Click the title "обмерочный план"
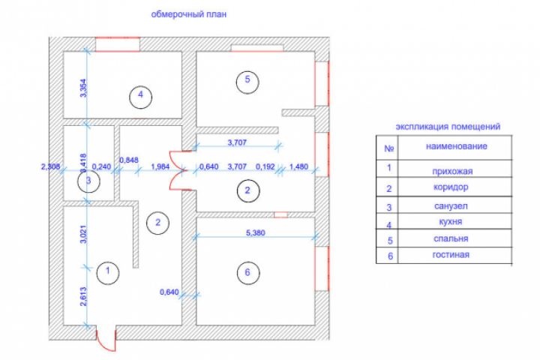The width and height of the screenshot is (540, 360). [188, 13]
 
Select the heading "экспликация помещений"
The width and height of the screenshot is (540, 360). [447, 127]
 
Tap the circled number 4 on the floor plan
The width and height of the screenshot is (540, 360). [139, 95]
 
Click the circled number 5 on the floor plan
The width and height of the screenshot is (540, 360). [244, 80]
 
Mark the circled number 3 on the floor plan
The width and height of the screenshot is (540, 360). [88, 181]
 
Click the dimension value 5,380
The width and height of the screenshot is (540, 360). [254, 232]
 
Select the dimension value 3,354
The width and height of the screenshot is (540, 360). [84, 89]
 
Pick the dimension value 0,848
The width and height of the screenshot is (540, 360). [129, 159]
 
